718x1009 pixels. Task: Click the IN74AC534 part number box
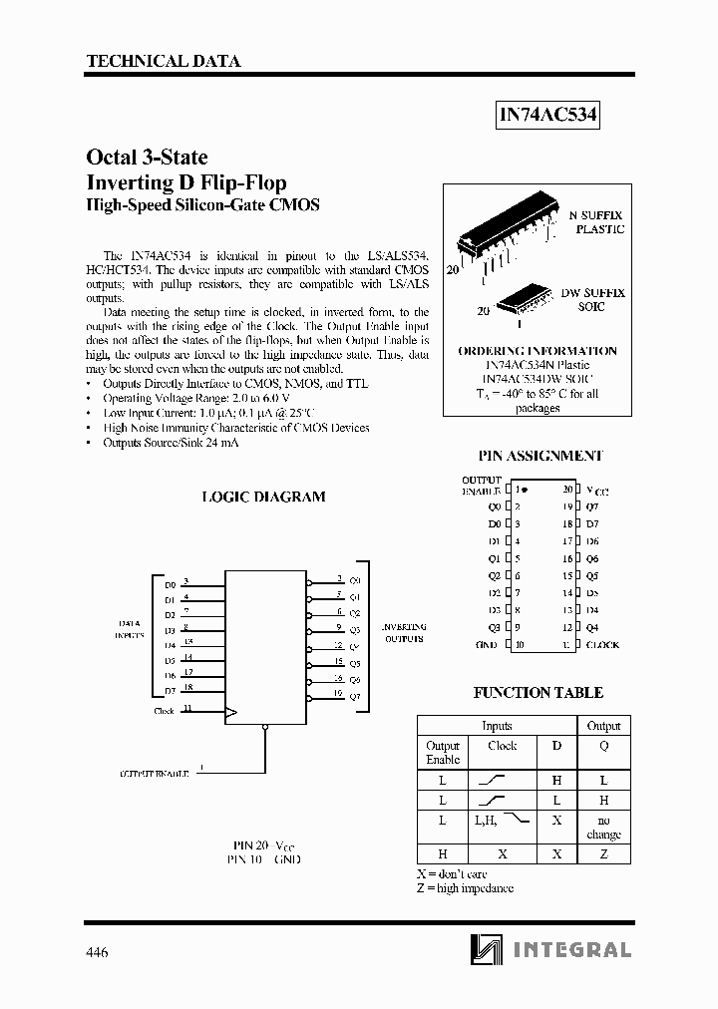click(x=547, y=116)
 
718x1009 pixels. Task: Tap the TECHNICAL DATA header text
click(x=164, y=61)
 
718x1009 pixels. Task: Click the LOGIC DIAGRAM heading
click(x=263, y=497)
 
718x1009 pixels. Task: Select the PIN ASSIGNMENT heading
click(x=539, y=455)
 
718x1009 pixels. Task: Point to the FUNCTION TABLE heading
click(x=538, y=692)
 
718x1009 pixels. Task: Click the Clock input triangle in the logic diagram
click(x=231, y=712)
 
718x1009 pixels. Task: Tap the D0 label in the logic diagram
click(x=170, y=585)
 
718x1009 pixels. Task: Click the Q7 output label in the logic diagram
click(x=355, y=696)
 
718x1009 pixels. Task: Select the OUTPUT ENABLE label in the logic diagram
click(x=155, y=773)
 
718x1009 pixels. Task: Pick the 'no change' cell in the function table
click(x=603, y=827)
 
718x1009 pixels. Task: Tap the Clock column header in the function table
click(x=503, y=746)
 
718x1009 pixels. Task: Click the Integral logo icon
click(x=487, y=950)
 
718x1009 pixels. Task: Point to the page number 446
click(x=98, y=952)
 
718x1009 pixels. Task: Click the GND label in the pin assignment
click(x=486, y=644)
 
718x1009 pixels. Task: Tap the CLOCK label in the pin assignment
click(x=602, y=644)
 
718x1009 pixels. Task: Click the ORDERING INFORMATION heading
click(x=537, y=351)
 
